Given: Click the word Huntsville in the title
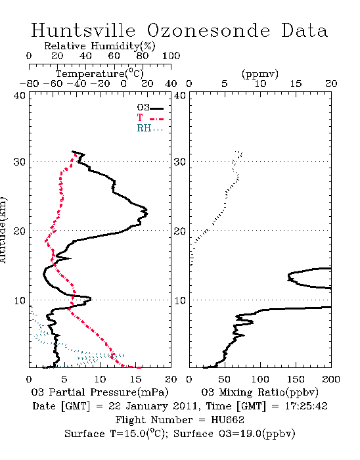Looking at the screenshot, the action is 83,30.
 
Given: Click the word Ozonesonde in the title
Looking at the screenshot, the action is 208,30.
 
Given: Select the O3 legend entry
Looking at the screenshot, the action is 150,108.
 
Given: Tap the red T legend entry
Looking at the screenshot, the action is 150,118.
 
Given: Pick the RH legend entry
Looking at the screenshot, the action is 150,128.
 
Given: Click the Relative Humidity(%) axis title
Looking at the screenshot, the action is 99,46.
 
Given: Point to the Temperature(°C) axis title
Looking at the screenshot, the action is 100,74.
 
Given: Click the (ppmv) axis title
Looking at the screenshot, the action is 259,74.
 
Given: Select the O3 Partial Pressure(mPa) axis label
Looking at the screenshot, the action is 100,392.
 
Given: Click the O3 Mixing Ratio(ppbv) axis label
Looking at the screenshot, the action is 259,392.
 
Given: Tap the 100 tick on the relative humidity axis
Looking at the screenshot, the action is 171,56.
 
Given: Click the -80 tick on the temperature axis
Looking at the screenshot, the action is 29,83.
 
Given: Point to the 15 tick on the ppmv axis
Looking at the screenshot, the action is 296,83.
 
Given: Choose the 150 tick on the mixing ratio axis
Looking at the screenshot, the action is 296,379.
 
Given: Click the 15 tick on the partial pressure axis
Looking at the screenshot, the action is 135,379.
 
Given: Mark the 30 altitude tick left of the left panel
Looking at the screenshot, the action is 19,162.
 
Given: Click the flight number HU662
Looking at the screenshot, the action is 227,420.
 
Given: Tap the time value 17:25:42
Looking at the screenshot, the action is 306,406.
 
